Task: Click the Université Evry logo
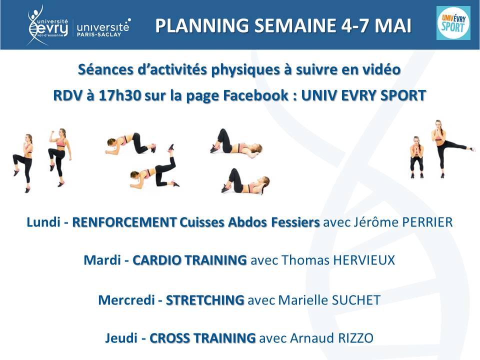pyautogui.click(x=48, y=25)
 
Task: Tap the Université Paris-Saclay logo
pyautogui.click(x=103, y=28)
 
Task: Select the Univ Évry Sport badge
pyautogui.click(x=453, y=23)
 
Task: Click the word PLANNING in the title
pyautogui.click(x=201, y=25)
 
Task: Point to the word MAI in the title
pyautogui.click(x=393, y=25)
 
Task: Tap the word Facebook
pyautogui.click(x=255, y=95)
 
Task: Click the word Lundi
pyautogui.click(x=43, y=222)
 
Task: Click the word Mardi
pyautogui.click(x=102, y=260)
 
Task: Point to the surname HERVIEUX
pyautogui.click(x=363, y=260)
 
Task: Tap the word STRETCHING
pyautogui.click(x=205, y=300)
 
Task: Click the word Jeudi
pyautogui.click(x=121, y=338)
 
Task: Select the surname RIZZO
pyautogui.click(x=355, y=338)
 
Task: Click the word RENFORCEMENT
pyautogui.click(x=124, y=222)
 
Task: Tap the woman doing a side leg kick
pyautogui.click(x=450, y=149)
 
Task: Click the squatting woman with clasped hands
pyautogui.click(x=416, y=157)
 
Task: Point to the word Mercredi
pyautogui.click(x=126, y=300)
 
